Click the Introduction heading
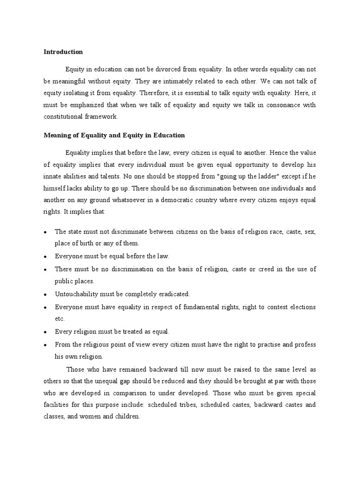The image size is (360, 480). [63, 52]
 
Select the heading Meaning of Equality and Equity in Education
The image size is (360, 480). [114, 135]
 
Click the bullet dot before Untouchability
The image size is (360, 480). [45, 294]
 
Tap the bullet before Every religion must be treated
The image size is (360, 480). [45, 332]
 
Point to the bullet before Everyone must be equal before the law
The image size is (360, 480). [45, 257]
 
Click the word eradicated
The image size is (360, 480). [173, 294]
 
